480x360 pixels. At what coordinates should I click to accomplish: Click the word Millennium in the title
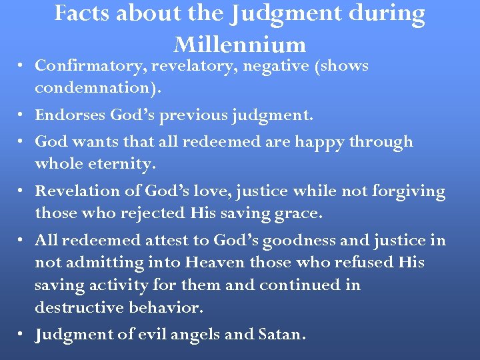point(239,44)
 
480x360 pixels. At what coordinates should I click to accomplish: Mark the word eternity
point(120,164)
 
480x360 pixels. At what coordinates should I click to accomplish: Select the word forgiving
point(407,191)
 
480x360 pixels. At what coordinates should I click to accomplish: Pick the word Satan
point(281,335)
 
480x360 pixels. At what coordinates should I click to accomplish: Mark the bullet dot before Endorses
point(22,116)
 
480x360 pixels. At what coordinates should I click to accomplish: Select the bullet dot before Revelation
point(22,191)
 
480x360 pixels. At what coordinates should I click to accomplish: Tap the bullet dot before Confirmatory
point(22,67)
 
